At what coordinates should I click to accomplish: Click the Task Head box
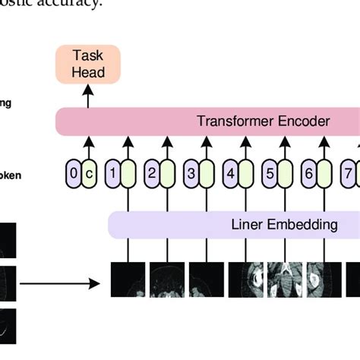pyautogui.click(x=88, y=64)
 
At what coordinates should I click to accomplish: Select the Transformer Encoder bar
pyautogui.click(x=205, y=121)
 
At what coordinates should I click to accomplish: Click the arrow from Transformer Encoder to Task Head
pyautogui.click(x=88, y=96)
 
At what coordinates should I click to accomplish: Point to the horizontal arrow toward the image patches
pyautogui.click(x=61, y=284)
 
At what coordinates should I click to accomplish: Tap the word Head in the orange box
pyautogui.click(x=88, y=73)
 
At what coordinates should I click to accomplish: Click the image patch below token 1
pyautogui.click(x=128, y=279)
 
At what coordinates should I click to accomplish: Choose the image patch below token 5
pyautogui.click(x=284, y=279)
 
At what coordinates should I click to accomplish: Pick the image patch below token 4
pyautogui.click(x=245, y=279)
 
